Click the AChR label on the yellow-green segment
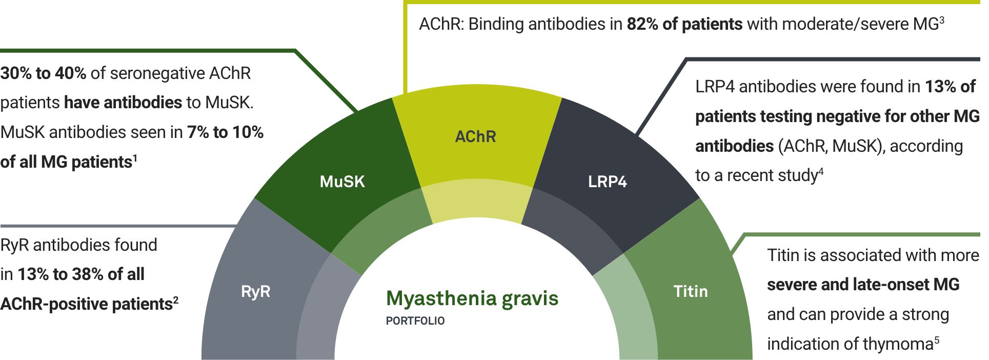[475, 137]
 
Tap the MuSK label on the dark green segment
[342, 182]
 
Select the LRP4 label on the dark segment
[607, 182]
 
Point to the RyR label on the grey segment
[255, 292]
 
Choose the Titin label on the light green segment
[690, 291]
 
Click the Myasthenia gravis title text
[472, 298]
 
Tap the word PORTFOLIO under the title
[415, 321]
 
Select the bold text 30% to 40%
[43, 73]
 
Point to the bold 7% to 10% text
[225, 132]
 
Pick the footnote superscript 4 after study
[820, 171]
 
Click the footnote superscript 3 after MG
[942, 20]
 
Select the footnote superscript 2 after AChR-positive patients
[176, 300]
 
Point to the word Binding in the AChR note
[497, 25]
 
